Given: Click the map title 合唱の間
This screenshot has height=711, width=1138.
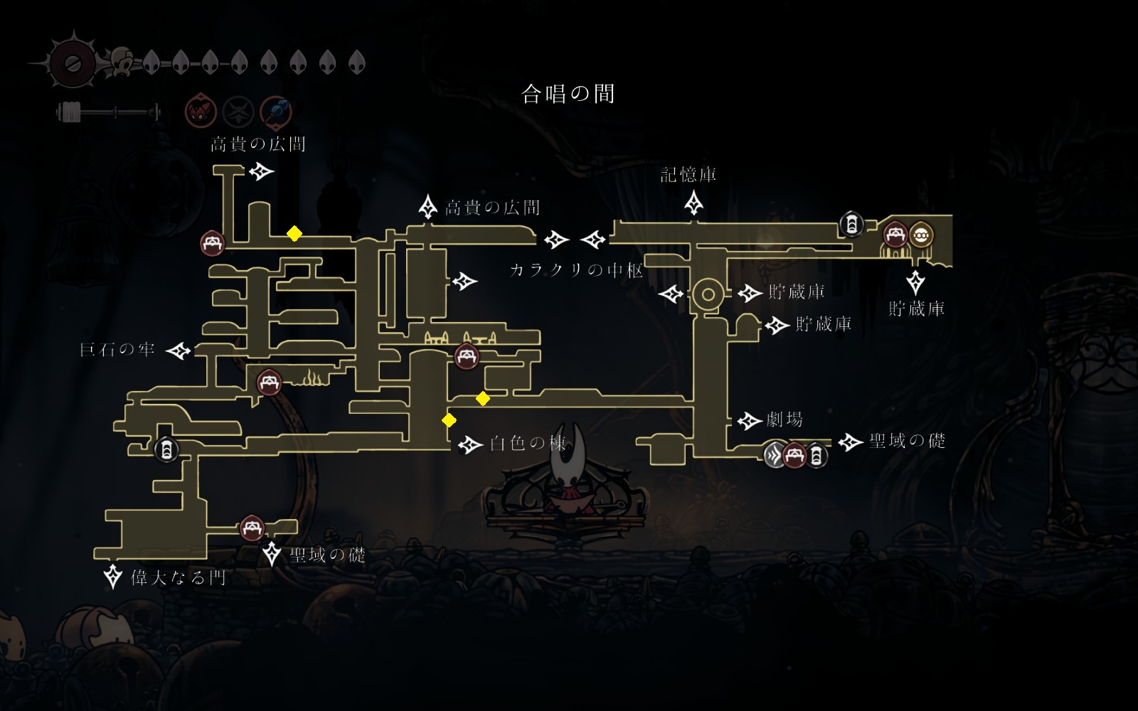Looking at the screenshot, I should [568, 94].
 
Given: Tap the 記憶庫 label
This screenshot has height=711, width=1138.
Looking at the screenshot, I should [688, 175].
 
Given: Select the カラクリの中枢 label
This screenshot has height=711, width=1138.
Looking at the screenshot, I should [576, 270].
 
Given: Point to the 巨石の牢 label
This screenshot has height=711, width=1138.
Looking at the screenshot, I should [117, 350].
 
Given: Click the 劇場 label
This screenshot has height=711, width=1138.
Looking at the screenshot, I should [785, 420].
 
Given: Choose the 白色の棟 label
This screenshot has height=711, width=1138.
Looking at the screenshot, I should [528, 444].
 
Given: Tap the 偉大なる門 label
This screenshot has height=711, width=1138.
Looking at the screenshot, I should [178, 577].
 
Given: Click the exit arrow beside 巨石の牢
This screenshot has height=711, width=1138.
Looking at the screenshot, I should [179, 351].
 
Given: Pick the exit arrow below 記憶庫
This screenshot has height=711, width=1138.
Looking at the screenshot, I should [693, 204].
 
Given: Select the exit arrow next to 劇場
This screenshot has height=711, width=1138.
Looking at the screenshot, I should [749, 421].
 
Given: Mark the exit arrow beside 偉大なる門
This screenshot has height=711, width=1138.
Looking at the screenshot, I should [113, 576].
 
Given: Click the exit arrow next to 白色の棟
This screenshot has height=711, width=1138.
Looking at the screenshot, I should [469, 445].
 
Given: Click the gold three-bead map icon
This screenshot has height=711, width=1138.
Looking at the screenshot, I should [921, 234].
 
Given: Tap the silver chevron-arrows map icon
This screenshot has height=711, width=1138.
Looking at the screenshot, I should [774, 454].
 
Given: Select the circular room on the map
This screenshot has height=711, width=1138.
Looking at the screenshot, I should [708, 294].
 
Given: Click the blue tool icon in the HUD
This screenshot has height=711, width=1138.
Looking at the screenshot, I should [276, 112].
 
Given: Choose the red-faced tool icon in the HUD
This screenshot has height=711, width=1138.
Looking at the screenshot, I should [200, 112].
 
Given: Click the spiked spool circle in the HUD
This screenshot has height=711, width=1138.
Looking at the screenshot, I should [73, 63].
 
